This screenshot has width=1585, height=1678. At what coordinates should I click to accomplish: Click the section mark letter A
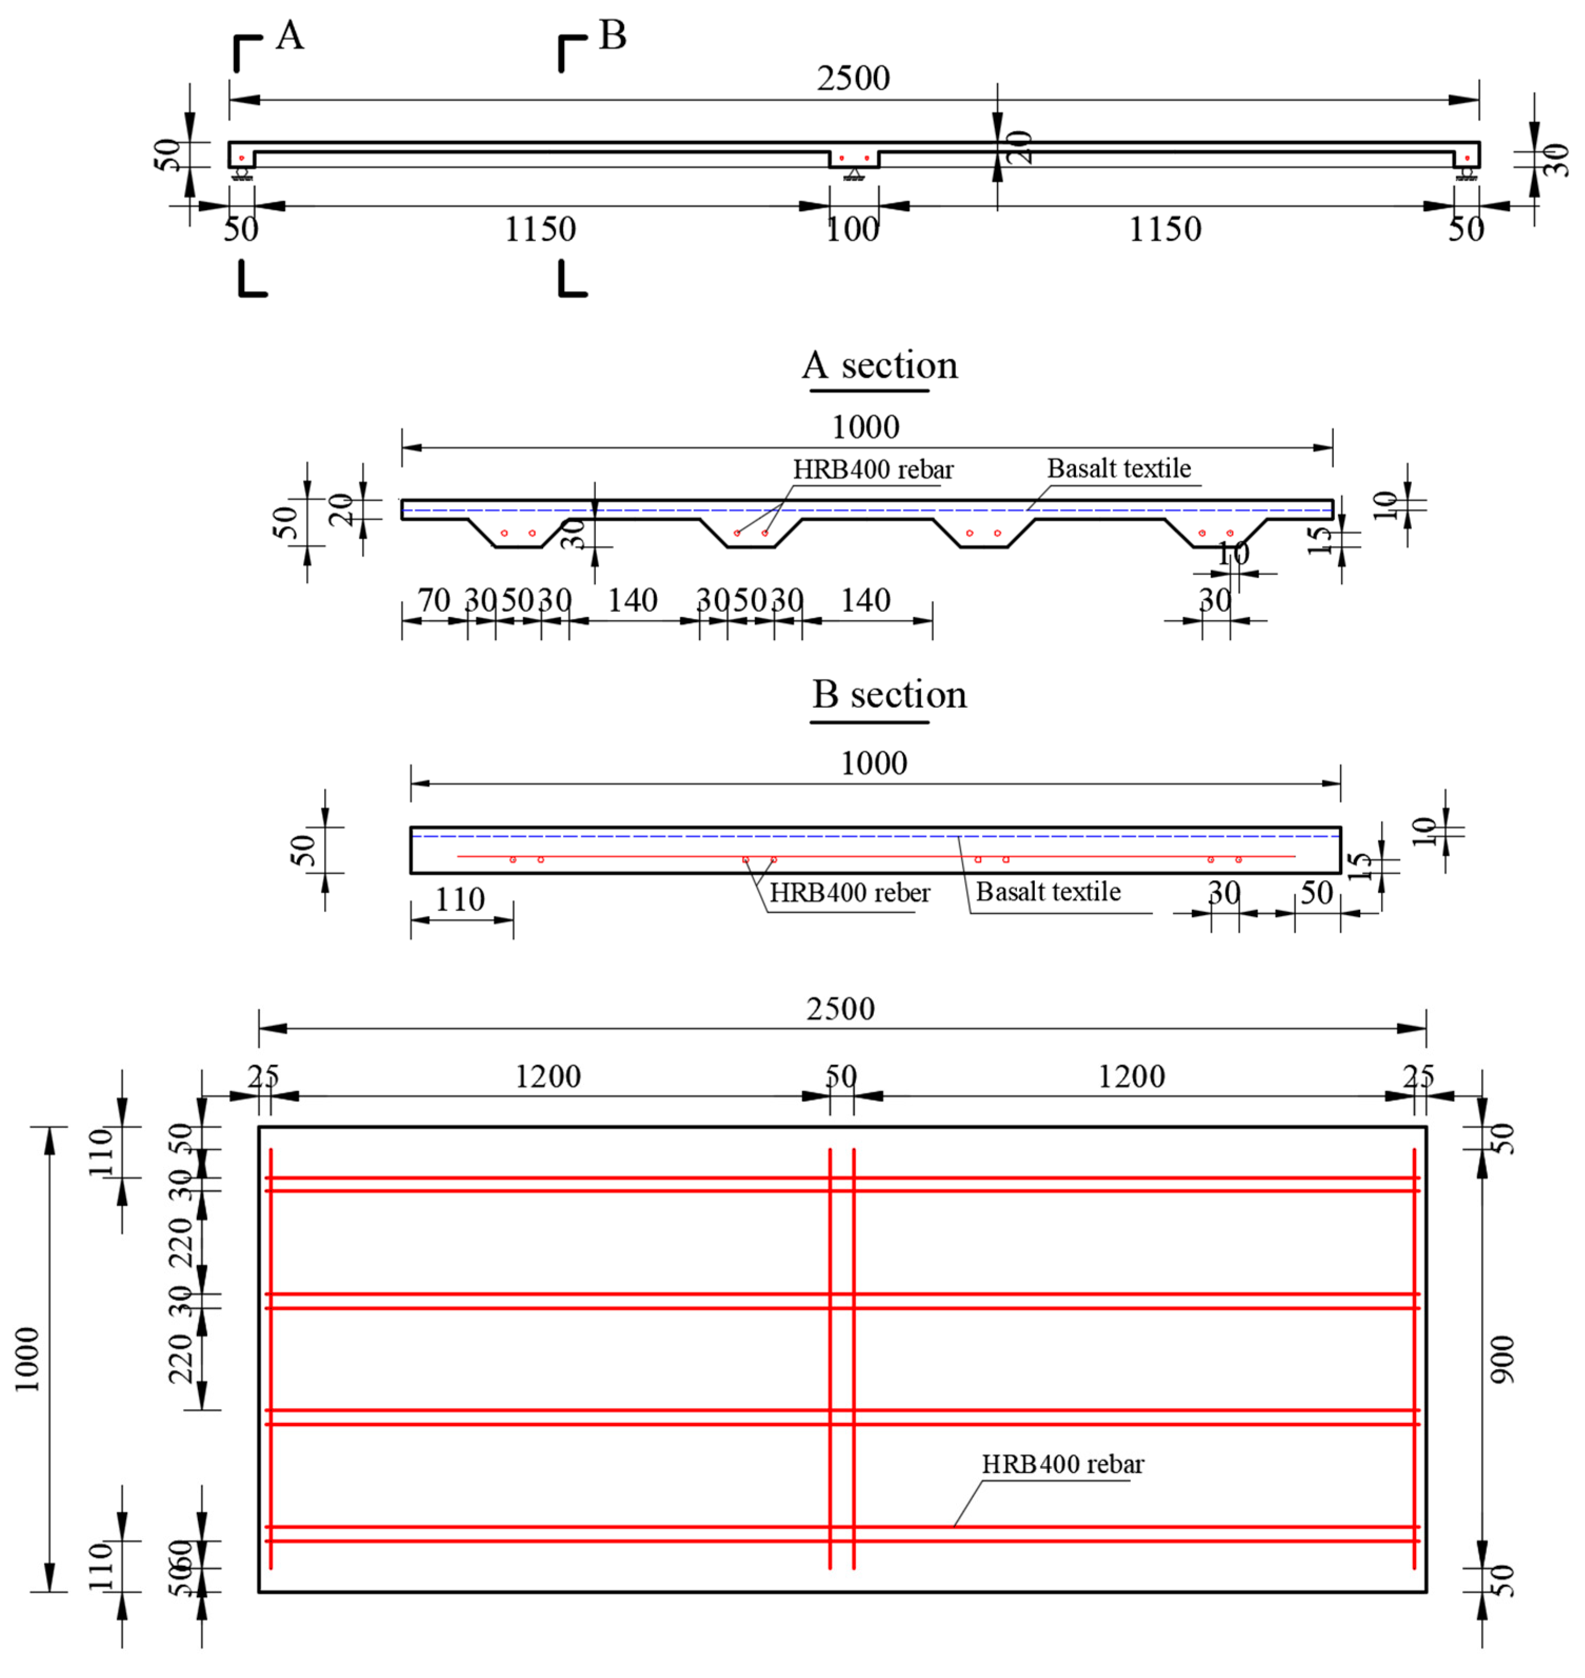290,36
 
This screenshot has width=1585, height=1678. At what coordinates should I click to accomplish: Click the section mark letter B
613,36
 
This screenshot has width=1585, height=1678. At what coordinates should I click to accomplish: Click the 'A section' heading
880,366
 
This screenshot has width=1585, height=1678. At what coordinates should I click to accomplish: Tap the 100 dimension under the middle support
852,229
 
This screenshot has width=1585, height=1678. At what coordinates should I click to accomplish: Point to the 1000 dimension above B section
874,763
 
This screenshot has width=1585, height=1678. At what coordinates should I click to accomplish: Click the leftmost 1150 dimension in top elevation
540,229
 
